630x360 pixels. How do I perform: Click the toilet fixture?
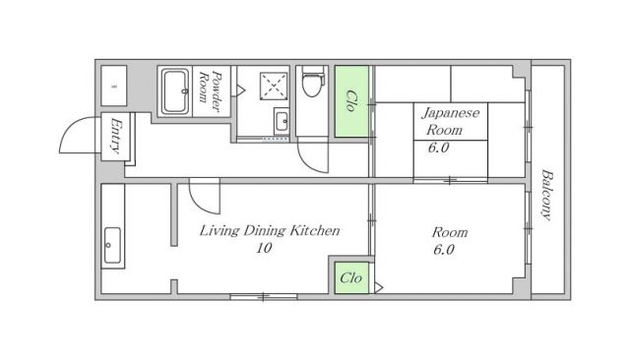(313, 83)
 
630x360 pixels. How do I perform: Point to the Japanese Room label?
(450, 121)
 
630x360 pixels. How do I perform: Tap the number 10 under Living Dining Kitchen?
(263, 249)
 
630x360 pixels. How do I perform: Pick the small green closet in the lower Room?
(350, 278)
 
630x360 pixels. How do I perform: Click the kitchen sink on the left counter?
(111, 246)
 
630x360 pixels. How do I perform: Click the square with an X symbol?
(271, 86)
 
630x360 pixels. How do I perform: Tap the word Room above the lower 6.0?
(450, 232)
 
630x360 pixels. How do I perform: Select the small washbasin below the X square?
(280, 122)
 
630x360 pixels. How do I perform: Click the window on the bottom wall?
(263, 296)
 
